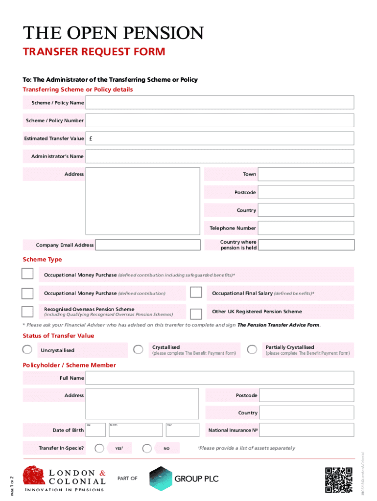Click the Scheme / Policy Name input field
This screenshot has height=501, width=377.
(x=219, y=103)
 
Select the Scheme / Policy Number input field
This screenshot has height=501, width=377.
(x=219, y=120)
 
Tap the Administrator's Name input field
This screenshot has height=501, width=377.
(x=219, y=157)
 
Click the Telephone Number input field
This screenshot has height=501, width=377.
(x=306, y=228)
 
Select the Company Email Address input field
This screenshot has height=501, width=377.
(x=148, y=245)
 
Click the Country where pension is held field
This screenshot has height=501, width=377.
(x=306, y=245)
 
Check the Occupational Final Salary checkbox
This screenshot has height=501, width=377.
(x=196, y=293)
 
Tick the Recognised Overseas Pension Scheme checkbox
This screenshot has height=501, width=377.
(x=27, y=312)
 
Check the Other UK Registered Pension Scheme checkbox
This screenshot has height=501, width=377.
(x=196, y=314)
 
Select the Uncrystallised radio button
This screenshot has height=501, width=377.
(x=28, y=350)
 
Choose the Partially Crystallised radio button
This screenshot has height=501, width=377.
(x=252, y=349)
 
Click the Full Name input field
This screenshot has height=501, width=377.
(x=219, y=378)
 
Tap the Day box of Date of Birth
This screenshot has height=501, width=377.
(x=95, y=430)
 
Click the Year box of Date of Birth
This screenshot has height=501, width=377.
(x=182, y=430)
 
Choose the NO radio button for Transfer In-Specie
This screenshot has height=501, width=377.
(x=147, y=448)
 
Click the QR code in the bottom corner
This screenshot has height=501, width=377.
(x=338, y=480)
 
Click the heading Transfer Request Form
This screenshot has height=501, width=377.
(x=94, y=52)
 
